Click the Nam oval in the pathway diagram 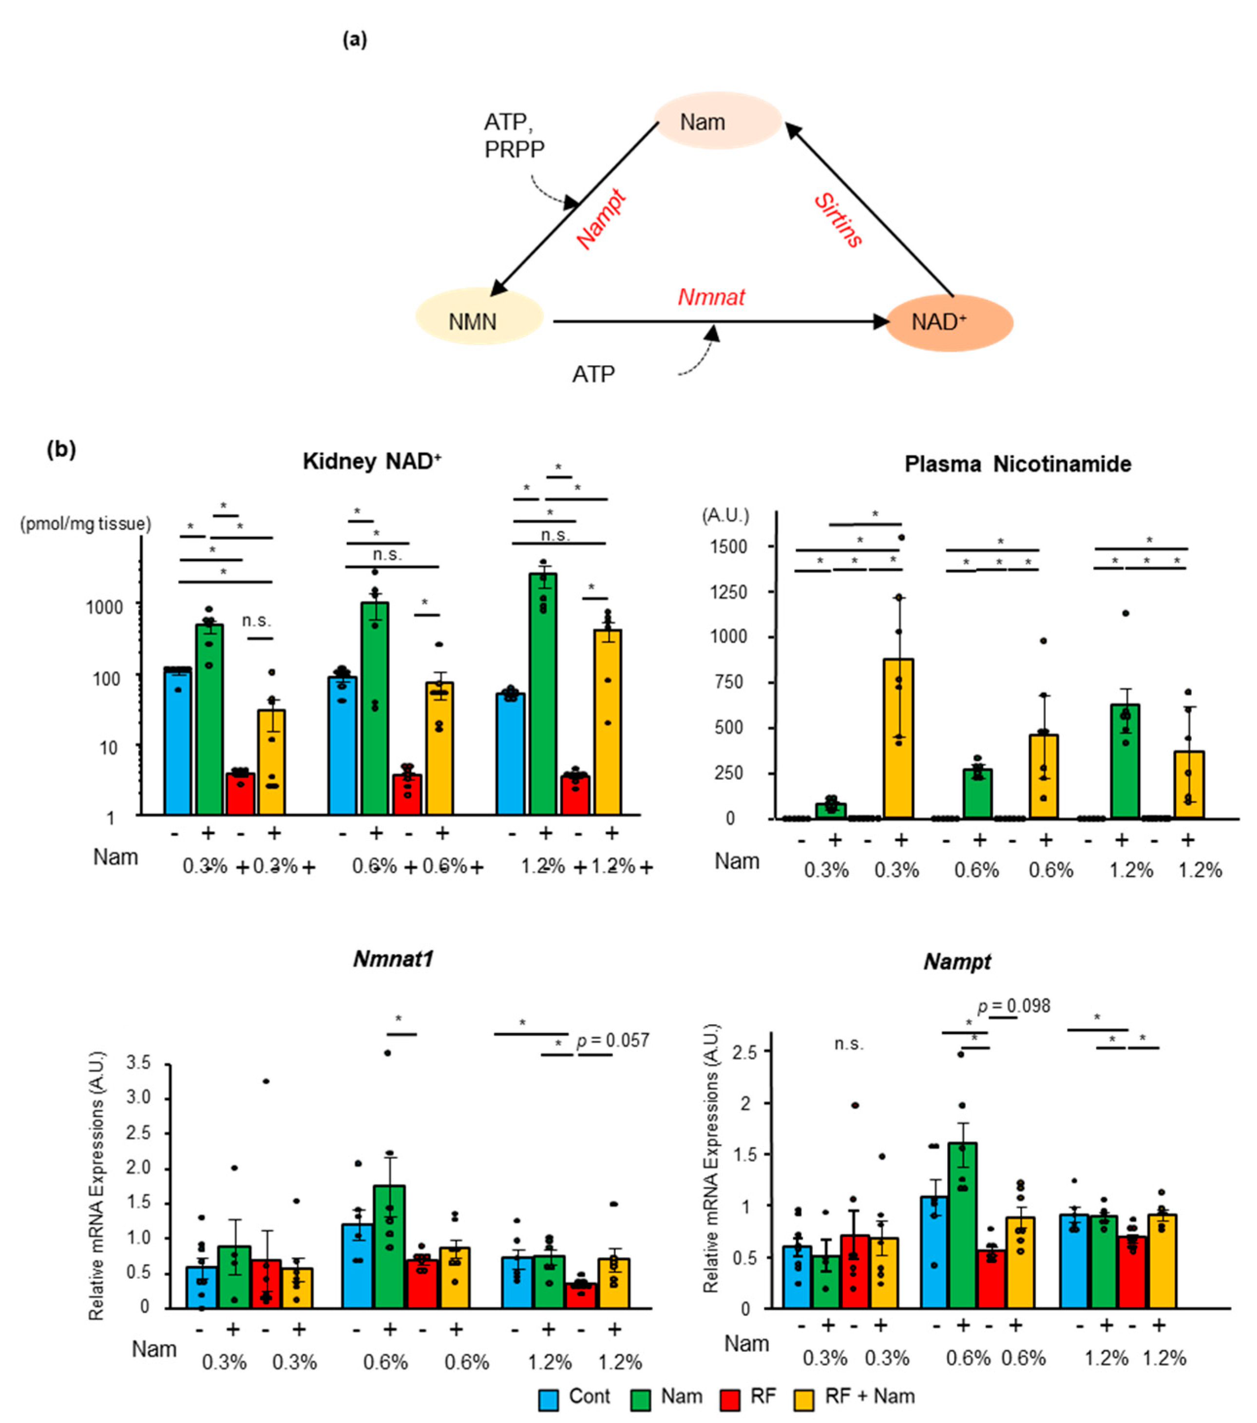717,121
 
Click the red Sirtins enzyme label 838,221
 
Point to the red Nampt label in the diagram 602,219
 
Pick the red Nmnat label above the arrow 711,297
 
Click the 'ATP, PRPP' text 514,136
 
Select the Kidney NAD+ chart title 372,462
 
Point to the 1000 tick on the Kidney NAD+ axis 104,606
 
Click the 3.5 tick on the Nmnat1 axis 138,1062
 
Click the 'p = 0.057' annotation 613,1040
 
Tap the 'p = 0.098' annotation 1013,1007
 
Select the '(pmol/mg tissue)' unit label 85,524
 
